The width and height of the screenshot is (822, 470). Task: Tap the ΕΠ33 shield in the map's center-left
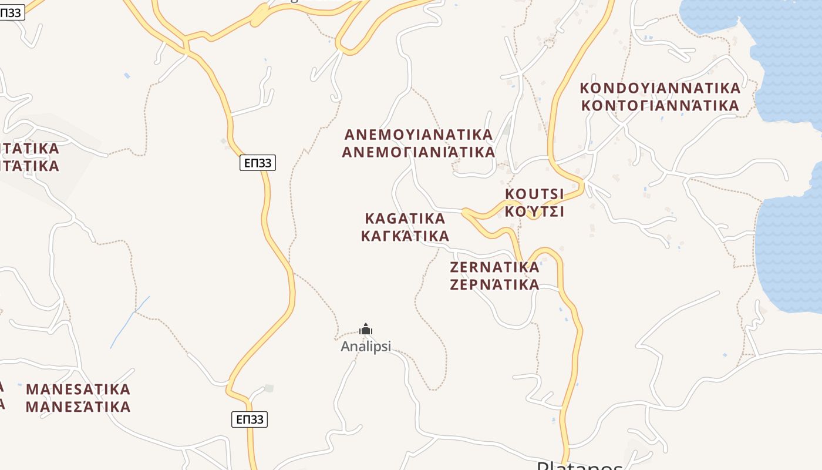click(258, 163)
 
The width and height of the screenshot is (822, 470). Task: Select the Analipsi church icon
click(366, 329)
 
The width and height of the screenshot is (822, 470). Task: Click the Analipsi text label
click(366, 347)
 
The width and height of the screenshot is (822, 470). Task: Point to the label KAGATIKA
click(405, 219)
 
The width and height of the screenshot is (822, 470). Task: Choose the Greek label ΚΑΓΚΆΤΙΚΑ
click(405, 236)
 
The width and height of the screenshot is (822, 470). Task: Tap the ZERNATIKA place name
click(494, 267)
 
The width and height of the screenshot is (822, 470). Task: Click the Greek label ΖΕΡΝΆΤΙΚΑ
click(494, 285)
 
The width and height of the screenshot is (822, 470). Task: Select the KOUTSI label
click(534, 194)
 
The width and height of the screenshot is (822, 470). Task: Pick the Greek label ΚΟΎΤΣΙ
click(534, 211)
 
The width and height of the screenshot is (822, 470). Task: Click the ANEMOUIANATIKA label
click(419, 134)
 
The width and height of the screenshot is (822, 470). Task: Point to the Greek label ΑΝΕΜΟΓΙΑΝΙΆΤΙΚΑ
click(419, 152)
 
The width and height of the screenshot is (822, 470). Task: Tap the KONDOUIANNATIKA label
click(660, 88)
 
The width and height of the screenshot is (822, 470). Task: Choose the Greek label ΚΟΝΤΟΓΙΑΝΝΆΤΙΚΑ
click(660, 106)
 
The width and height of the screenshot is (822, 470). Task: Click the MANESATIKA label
click(78, 389)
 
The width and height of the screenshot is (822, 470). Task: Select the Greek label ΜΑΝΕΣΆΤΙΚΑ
click(78, 407)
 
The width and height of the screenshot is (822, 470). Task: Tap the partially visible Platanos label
click(580, 466)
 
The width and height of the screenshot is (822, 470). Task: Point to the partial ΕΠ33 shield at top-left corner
click(12, 13)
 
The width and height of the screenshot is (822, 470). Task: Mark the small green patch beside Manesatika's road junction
click(269, 388)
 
